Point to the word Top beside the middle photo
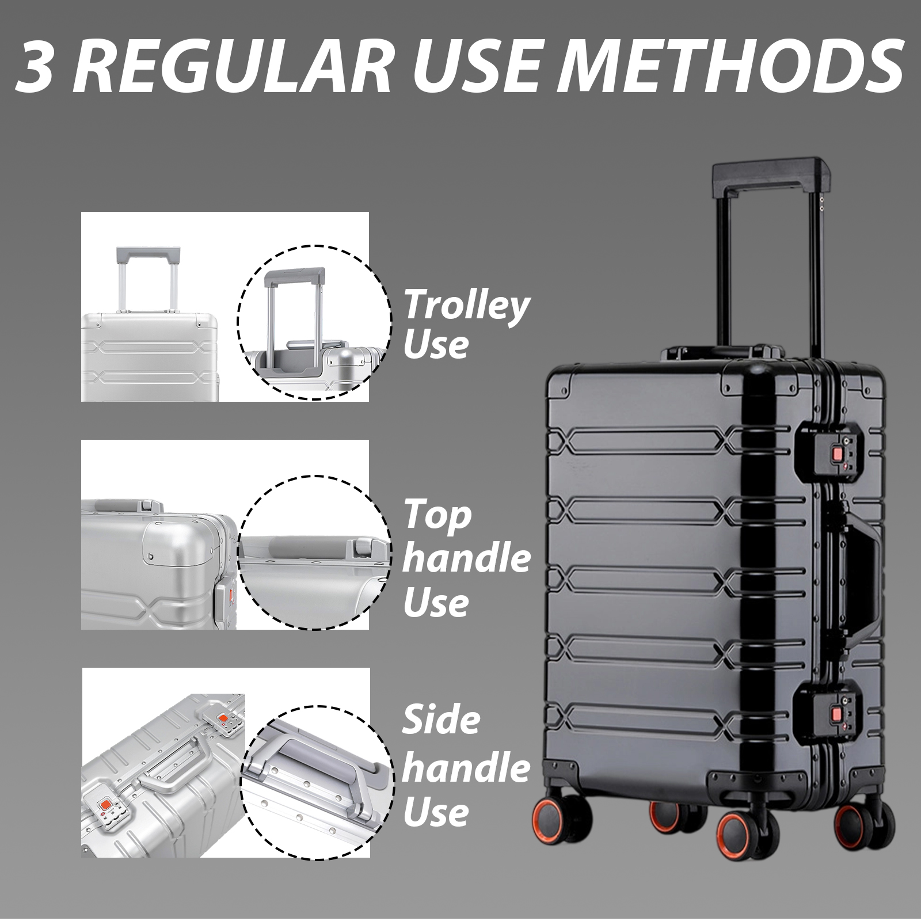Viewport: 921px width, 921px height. (x=437, y=515)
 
